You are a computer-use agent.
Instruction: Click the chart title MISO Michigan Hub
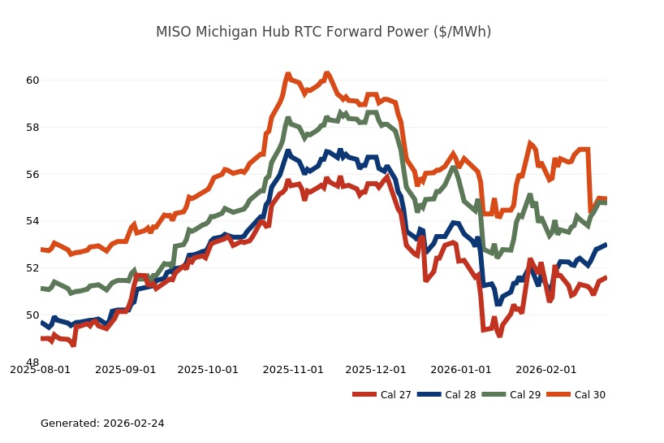click(x=323, y=32)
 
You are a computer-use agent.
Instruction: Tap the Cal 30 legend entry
click(x=589, y=395)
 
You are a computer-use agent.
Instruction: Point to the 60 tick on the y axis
click(x=32, y=80)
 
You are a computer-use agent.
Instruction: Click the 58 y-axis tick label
click(x=32, y=128)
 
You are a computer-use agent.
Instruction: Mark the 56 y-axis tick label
click(x=32, y=174)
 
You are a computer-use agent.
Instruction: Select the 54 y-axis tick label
click(x=32, y=221)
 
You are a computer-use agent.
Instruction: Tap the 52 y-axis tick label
click(x=32, y=268)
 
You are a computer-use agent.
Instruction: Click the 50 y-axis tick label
click(x=32, y=315)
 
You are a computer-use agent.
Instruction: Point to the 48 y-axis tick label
click(x=32, y=362)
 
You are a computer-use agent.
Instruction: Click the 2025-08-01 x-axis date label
click(x=41, y=369)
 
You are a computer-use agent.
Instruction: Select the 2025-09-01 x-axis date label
click(x=126, y=369)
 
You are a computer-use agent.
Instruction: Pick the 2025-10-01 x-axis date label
click(x=208, y=369)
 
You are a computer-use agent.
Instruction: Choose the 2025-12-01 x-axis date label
click(x=376, y=369)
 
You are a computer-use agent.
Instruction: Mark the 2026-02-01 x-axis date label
click(x=546, y=369)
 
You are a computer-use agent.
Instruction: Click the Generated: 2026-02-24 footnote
click(x=102, y=423)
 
